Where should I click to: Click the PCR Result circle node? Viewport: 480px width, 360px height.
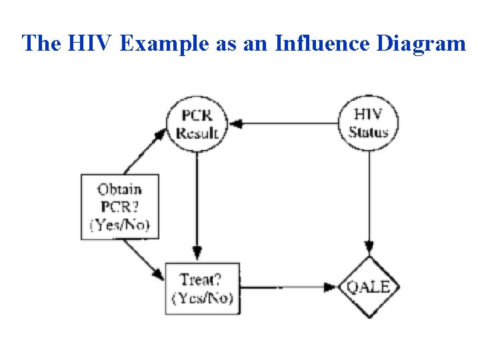(x=196, y=123)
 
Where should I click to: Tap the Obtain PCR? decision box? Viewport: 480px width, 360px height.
(x=120, y=207)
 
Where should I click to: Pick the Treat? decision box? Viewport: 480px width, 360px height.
(x=202, y=289)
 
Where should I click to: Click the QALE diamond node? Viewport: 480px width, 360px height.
(x=369, y=287)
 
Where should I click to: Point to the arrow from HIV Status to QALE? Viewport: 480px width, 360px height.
(x=369, y=200)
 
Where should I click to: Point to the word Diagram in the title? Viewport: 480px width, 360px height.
(x=421, y=43)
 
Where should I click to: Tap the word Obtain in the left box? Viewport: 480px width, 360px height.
(x=120, y=189)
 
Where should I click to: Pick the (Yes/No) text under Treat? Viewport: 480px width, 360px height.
(x=203, y=297)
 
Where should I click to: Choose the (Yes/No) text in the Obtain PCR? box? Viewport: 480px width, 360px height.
(x=120, y=225)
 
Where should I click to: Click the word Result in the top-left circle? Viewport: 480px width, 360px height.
(x=196, y=132)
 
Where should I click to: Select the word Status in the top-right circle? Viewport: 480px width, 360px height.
(x=369, y=132)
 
